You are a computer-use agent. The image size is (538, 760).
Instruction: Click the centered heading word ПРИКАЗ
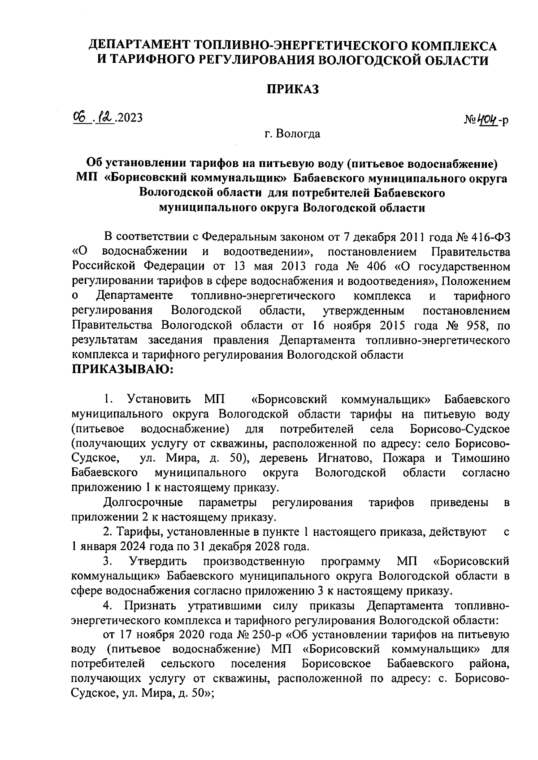coord(293,89)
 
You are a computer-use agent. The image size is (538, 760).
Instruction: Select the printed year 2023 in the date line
coord(130,118)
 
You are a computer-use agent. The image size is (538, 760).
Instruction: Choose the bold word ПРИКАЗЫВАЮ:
coord(122,370)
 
